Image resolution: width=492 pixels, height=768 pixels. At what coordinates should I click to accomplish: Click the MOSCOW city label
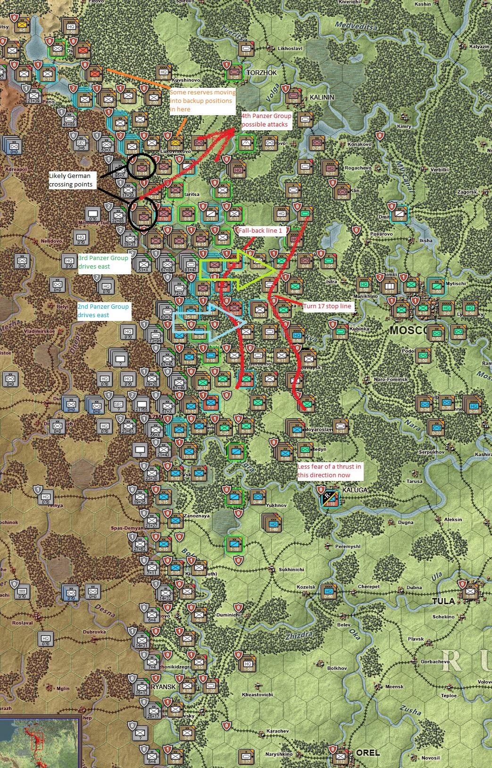(x=409, y=330)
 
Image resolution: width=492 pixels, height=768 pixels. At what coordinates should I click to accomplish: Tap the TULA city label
(x=443, y=601)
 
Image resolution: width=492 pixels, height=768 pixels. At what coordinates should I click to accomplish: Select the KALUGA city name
(x=355, y=490)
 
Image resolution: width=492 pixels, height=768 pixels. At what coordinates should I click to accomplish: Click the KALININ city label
(x=322, y=97)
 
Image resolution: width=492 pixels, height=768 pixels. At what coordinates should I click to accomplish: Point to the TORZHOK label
(x=262, y=73)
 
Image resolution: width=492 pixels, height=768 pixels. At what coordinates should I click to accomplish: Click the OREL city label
(x=368, y=752)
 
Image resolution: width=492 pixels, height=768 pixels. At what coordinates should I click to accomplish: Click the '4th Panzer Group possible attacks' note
(x=266, y=120)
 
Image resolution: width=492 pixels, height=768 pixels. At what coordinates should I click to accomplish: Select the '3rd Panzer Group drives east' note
(x=103, y=262)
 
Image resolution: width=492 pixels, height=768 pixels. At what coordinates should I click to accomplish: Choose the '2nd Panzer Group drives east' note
(x=103, y=311)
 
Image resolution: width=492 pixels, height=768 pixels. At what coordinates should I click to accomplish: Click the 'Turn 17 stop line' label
(x=327, y=306)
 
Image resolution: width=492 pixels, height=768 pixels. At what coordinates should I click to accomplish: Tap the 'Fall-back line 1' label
(x=260, y=230)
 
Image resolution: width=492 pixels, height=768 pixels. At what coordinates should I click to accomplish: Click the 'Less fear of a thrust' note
(x=329, y=471)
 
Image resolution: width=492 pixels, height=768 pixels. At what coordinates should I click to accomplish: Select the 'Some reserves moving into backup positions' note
(x=202, y=101)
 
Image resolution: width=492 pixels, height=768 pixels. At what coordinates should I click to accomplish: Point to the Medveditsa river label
(x=356, y=25)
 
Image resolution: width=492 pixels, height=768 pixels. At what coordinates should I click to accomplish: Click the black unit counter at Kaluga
(x=329, y=498)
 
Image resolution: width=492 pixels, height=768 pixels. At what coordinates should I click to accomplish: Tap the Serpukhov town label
(x=431, y=452)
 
